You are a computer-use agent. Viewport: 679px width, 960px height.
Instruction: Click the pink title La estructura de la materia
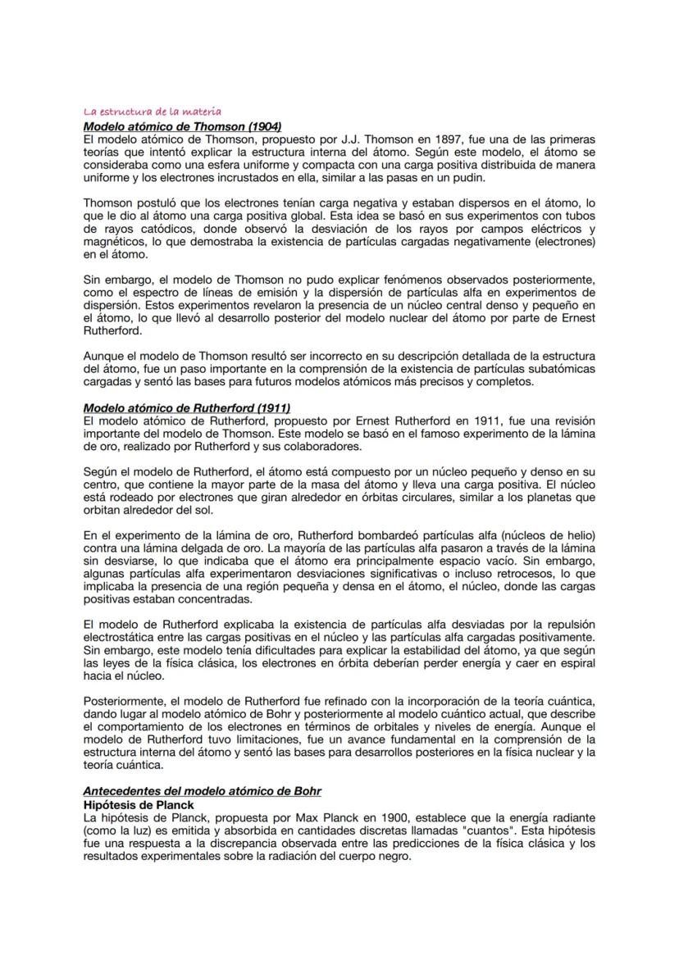[153, 111]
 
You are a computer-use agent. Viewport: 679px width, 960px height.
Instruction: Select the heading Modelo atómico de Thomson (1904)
[182, 126]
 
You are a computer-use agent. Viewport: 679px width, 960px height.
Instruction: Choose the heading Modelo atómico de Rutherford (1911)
[187, 407]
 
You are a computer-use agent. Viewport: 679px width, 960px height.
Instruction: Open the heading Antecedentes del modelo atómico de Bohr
[203, 790]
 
